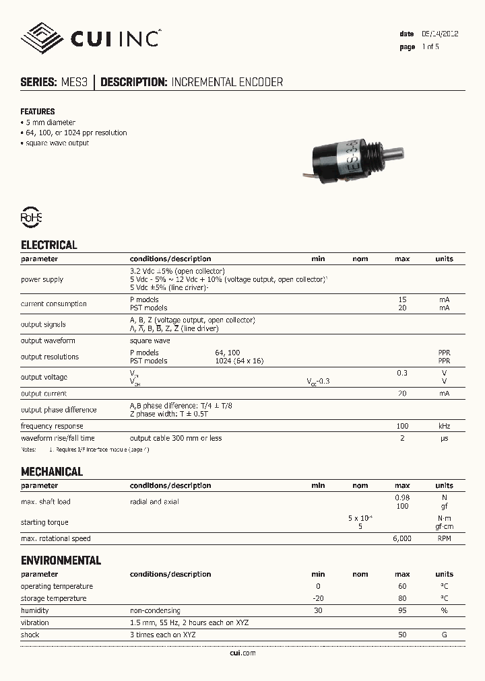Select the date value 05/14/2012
440,34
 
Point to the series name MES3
74,82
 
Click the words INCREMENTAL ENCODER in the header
227,82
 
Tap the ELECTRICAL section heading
49,245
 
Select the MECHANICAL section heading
52,472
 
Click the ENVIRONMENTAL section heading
61,561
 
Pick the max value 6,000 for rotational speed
401,539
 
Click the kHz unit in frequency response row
444,427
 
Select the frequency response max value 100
402,427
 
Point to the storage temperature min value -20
319,598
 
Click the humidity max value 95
402,611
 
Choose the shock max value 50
402,635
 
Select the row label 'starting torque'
44,522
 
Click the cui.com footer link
242,653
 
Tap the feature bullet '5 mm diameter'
50,122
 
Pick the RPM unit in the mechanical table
444,539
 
